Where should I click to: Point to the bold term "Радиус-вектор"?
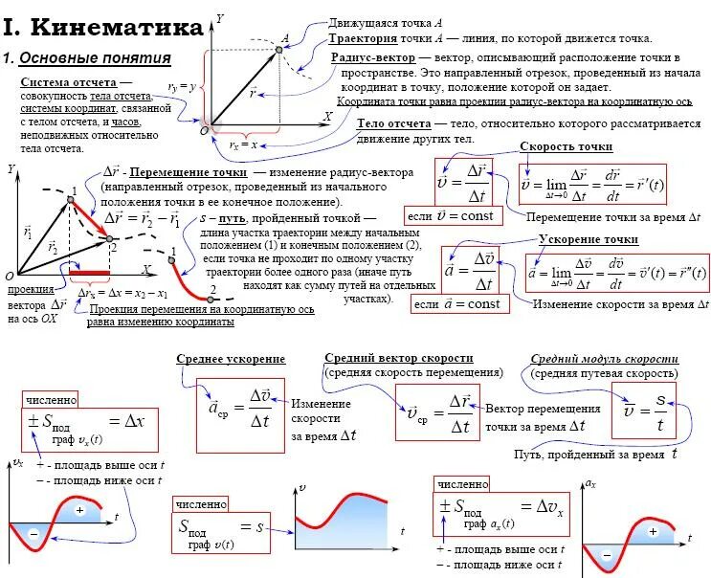373,57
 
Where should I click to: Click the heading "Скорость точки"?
567,146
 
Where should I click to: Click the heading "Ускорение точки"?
588,238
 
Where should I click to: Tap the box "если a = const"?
457,304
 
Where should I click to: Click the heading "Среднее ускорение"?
231,358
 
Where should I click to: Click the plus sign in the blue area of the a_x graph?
654,531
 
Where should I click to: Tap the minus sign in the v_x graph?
33,534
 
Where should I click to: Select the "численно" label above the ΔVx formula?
463,484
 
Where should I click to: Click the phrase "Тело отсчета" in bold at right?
393,123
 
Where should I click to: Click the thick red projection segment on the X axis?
89,273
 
